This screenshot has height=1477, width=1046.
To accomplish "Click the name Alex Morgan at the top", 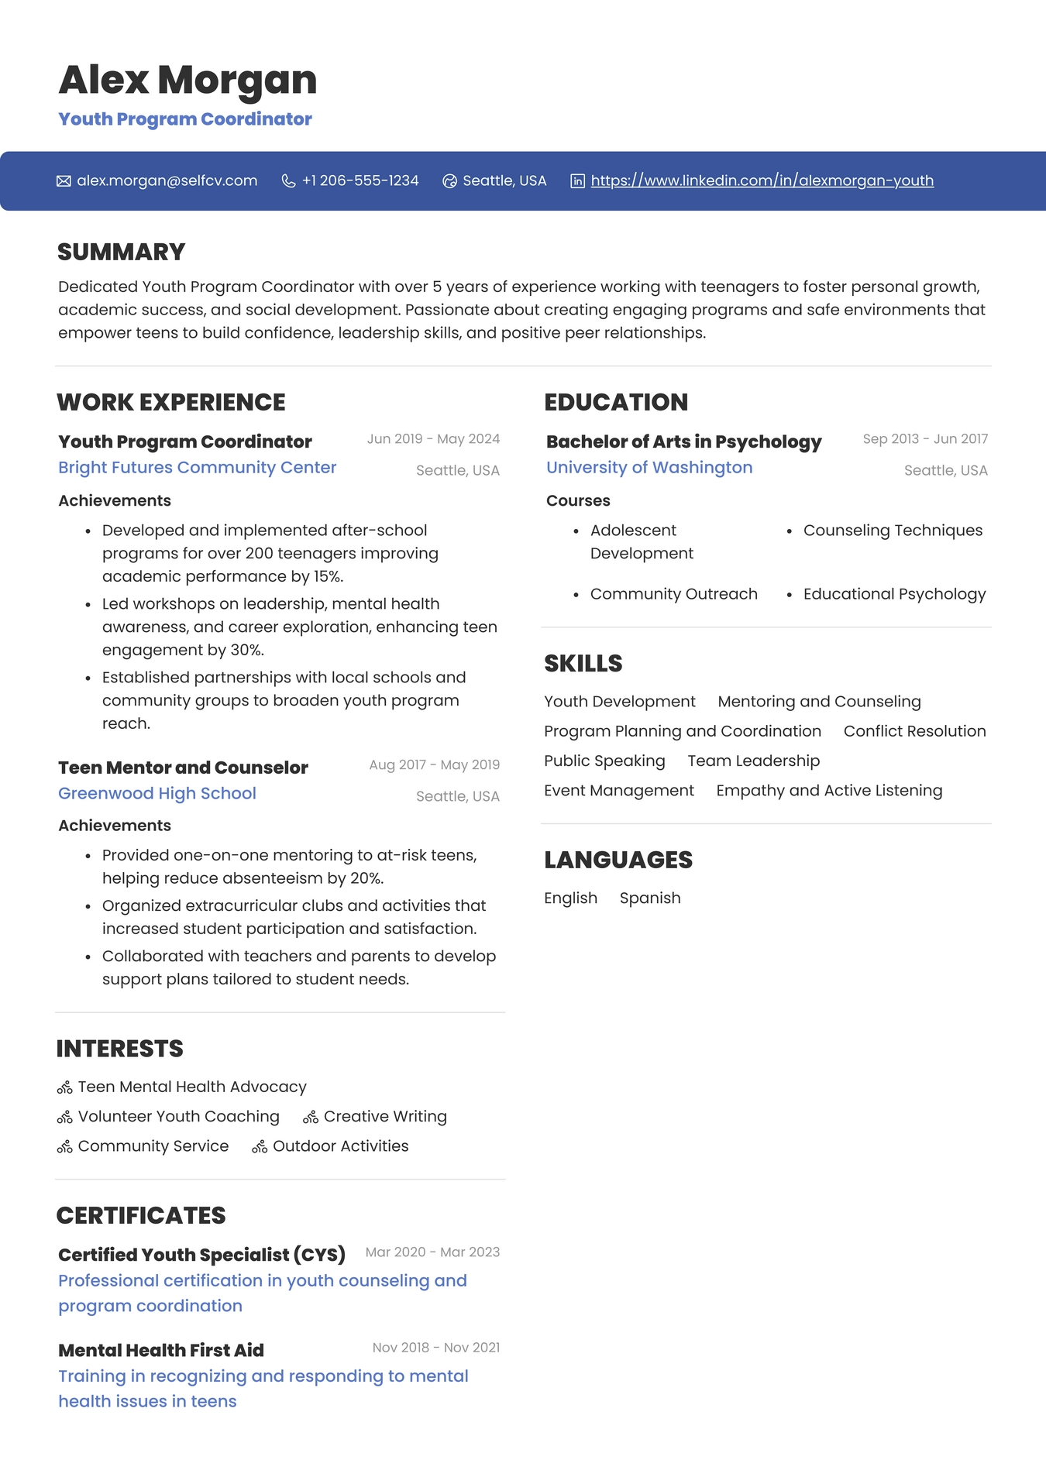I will (x=188, y=80).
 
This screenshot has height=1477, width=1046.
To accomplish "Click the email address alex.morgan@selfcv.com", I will (x=167, y=180).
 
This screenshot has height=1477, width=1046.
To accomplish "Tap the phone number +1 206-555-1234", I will (x=360, y=180).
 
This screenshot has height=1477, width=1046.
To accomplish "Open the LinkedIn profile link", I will (x=762, y=180).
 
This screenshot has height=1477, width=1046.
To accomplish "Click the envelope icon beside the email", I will (x=64, y=181).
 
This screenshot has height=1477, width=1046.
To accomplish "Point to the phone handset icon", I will (x=288, y=181).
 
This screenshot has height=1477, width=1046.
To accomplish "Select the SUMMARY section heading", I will (x=121, y=252).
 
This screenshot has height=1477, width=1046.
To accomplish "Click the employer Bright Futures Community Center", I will (x=197, y=467).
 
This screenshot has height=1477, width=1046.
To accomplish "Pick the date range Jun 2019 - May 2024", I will (x=433, y=438).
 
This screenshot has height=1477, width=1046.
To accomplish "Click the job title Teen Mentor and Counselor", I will (x=183, y=768).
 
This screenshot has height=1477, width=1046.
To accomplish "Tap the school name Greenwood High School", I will (x=157, y=793).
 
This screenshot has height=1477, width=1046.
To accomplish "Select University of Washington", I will (x=649, y=467).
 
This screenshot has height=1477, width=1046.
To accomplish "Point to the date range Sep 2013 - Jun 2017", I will (x=925, y=438).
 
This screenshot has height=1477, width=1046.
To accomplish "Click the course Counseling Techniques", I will (x=893, y=530).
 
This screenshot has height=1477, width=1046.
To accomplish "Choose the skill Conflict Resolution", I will (x=914, y=731).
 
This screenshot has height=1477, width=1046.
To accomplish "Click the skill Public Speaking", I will (x=604, y=761).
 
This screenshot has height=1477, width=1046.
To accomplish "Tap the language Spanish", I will (x=650, y=898).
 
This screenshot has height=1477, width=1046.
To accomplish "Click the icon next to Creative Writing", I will (x=311, y=1117).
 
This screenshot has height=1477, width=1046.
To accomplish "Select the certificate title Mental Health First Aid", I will (x=161, y=1350).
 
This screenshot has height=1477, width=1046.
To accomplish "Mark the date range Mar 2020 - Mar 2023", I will (x=432, y=1252).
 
